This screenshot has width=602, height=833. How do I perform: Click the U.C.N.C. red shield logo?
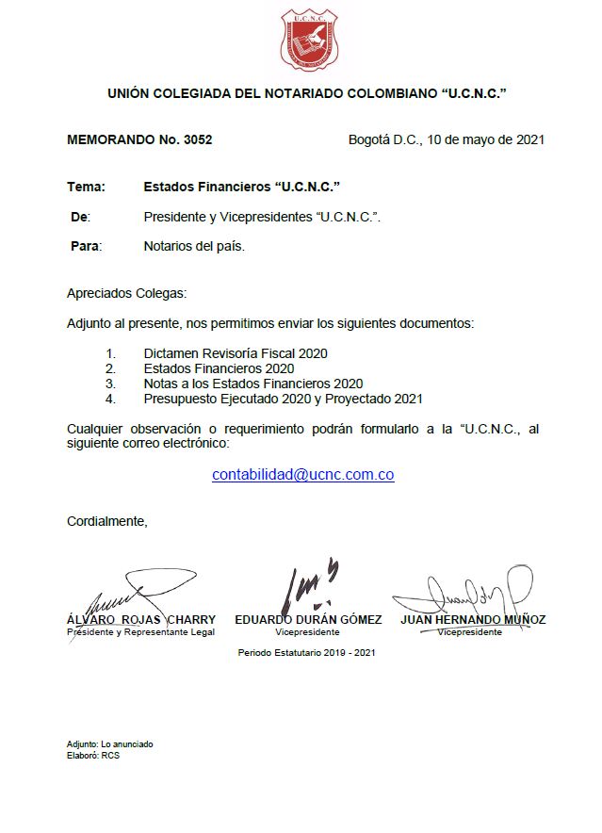pos(308,41)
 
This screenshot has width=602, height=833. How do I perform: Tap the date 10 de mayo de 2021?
pos(485,140)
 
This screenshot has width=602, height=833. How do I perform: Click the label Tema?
pos(86,188)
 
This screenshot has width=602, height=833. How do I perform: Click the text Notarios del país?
pos(194,246)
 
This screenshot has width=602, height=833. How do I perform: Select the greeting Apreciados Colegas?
pos(127,294)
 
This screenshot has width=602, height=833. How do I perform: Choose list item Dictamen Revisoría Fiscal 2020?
pos(236,353)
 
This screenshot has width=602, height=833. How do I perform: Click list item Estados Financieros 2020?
pos(219,368)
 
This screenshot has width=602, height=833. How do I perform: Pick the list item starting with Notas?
pos(253,384)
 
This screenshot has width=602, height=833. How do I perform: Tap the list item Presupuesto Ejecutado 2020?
pos(283,399)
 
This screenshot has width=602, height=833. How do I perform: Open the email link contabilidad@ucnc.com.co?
pos(302,475)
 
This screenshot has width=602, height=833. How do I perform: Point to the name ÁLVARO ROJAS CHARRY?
pos(141,620)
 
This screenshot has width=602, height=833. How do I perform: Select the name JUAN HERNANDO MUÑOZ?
pos(473,620)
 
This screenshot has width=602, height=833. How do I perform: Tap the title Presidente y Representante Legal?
pos(140,632)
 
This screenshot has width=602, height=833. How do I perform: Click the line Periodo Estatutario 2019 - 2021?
pos(306,652)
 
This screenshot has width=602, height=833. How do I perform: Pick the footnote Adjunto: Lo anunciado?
pos(110,744)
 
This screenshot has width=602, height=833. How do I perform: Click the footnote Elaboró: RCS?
pos(93,755)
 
